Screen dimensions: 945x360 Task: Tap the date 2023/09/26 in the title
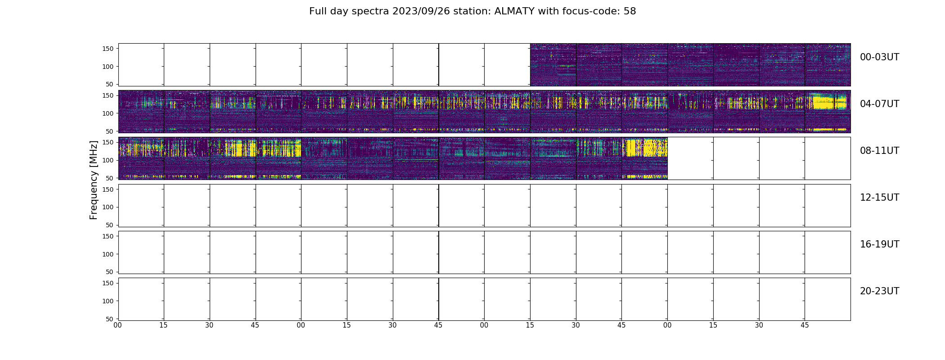coord(425,11)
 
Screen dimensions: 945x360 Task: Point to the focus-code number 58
coord(630,11)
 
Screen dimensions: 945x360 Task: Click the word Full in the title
coord(317,11)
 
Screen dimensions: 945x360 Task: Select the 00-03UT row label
coord(879,57)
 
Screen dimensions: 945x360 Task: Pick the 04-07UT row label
coord(879,104)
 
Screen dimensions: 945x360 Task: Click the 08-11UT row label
coord(879,151)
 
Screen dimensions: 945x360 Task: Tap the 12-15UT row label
coord(879,198)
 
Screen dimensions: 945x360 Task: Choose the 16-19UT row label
coord(879,244)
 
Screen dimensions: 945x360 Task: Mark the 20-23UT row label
coord(879,291)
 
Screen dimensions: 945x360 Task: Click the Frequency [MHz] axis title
coord(94,180)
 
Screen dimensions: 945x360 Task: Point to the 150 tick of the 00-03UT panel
coord(108,49)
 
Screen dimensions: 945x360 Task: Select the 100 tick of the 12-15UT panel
coord(108,207)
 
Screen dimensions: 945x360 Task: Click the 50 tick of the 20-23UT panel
coord(110,319)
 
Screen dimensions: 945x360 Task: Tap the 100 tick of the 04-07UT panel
coord(108,113)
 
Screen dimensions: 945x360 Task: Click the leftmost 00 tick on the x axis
coord(118,325)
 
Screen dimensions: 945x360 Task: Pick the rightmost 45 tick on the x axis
coord(805,325)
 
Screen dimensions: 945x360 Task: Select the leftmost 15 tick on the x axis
coord(163,325)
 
